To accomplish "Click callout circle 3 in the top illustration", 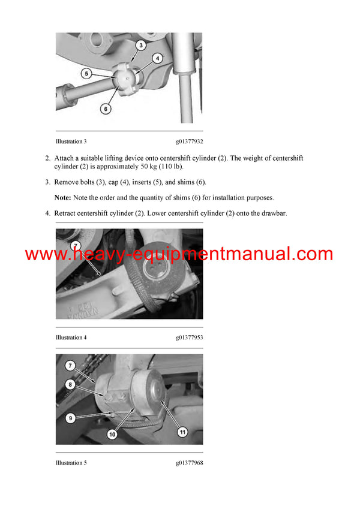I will (139, 46).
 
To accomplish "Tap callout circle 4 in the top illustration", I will (157, 59).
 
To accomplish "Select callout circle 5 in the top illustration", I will (86, 74).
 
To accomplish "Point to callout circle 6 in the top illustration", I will (106, 109).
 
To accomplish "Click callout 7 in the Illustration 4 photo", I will (75, 245).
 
